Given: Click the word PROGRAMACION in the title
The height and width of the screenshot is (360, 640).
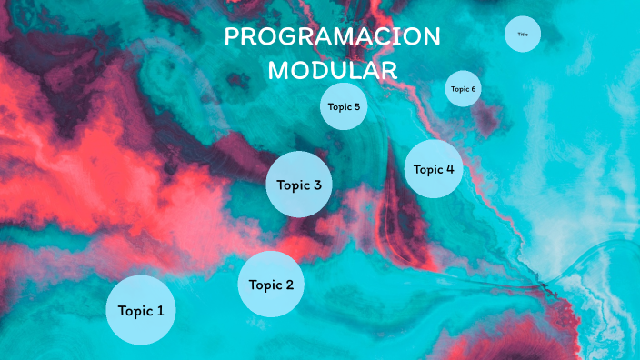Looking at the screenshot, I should click(332, 37).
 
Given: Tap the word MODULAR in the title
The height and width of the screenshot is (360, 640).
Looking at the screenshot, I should click(332, 71).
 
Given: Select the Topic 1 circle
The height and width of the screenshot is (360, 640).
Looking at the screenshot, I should click(141, 310).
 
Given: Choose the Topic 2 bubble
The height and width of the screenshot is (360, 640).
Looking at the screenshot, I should click(271, 285).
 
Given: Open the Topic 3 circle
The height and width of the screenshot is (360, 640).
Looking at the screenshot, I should click(298, 185).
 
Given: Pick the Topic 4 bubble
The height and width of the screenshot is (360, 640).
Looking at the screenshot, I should click(434, 169).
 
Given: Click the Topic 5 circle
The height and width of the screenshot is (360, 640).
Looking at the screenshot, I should click(344, 107).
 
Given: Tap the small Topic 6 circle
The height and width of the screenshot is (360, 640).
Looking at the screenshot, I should click(462, 89).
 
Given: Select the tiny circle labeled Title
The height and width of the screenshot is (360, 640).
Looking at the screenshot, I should click(523, 35).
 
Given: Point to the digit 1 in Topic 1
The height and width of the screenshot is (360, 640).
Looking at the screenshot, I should click(160, 311).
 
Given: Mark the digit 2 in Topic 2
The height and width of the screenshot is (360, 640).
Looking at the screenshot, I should click(289, 285).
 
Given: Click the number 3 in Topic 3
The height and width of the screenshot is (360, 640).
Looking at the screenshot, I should click(316, 185).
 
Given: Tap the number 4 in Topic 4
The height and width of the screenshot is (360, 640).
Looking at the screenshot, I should click(449, 169).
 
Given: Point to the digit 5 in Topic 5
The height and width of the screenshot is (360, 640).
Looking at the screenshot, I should click(357, 107).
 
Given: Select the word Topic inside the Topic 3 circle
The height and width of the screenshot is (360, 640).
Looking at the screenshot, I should click(293, 185).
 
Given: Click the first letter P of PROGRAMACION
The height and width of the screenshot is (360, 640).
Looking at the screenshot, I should click(231, 37).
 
